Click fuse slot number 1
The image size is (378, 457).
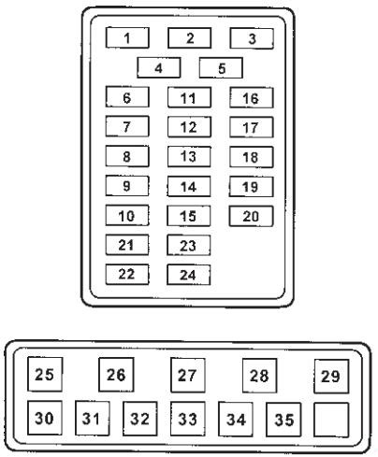(x=127, y=37)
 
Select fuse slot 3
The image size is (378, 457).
(x=252, y=38)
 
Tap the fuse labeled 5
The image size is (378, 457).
(x=221, y=67)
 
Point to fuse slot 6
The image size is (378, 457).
(x=127, y=97)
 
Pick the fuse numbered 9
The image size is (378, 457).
(x=127, y=186)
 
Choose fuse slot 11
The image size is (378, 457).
(x=189, y=97)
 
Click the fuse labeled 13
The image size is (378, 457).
(x=189, y=157)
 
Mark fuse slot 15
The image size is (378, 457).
(x=189, y=216)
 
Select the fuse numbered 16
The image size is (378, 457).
(x=252, y=98)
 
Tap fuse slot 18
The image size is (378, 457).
(x=252, y=157)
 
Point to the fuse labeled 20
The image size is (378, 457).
(x=251, y=216)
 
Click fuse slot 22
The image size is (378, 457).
(x=127, y=274)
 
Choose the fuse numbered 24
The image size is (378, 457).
(x=189, y=275)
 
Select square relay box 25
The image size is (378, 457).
(x=45, y=374)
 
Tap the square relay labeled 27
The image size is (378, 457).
(x=188, y=375)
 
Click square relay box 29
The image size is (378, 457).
(x=331, y=377)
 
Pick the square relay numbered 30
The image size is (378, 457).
(x=45, y=418)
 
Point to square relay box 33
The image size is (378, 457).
(x=188, y=419)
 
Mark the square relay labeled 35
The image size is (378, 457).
(x=283, y=420)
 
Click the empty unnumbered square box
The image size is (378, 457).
(x=331, y=420)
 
